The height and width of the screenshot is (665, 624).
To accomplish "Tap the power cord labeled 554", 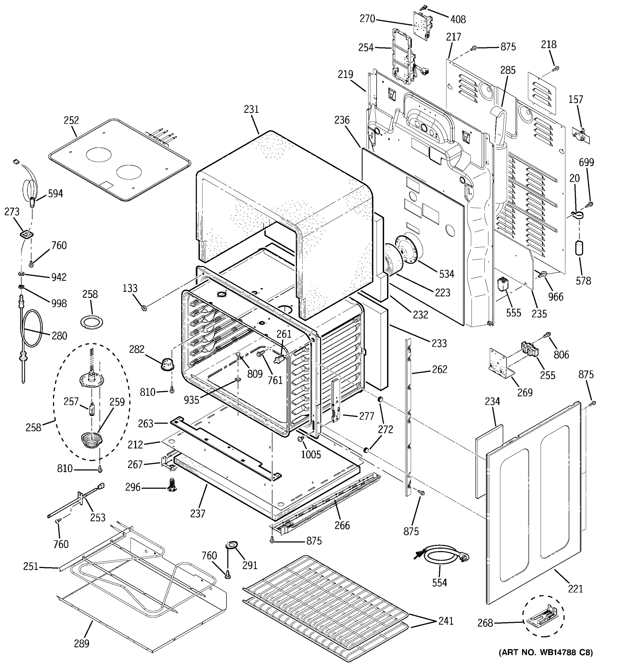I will [x=441, y=556].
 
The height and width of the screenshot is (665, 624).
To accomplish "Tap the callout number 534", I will [x=447, y=274].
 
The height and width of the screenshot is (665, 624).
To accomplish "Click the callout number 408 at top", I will [x=458, y=19].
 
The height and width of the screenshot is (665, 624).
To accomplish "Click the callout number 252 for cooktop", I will [x=71, y=121].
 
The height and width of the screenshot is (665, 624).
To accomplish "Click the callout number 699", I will [x=586, y=162].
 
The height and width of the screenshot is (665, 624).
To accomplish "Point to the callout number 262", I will [x=439, y=369].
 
